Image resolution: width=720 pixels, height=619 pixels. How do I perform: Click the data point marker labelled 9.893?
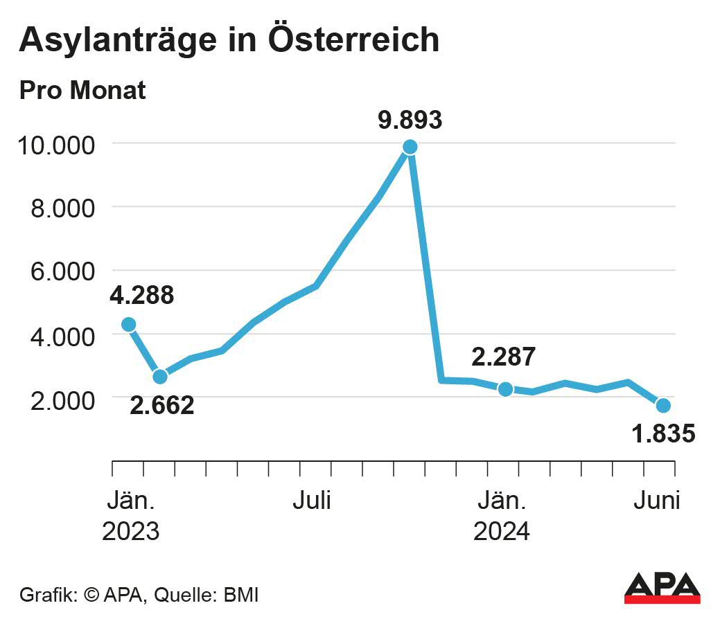[410, 147]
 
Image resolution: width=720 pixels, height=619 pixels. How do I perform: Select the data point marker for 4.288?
[128, 324]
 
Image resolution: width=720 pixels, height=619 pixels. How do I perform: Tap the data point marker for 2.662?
[160, 377]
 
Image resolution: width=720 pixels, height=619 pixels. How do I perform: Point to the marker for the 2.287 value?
[505, 389]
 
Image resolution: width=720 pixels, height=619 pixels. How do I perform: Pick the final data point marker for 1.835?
[663, 405]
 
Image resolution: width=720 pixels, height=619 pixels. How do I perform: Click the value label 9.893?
[410, 120]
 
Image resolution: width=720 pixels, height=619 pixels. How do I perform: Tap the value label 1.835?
[662, 434]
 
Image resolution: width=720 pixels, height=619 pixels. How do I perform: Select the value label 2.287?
[503, 357]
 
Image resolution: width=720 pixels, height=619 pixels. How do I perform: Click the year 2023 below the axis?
[131, 532]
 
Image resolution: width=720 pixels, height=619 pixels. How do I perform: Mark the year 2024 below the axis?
[501, 532]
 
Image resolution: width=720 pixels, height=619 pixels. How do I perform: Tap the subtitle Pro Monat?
[82, 90]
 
